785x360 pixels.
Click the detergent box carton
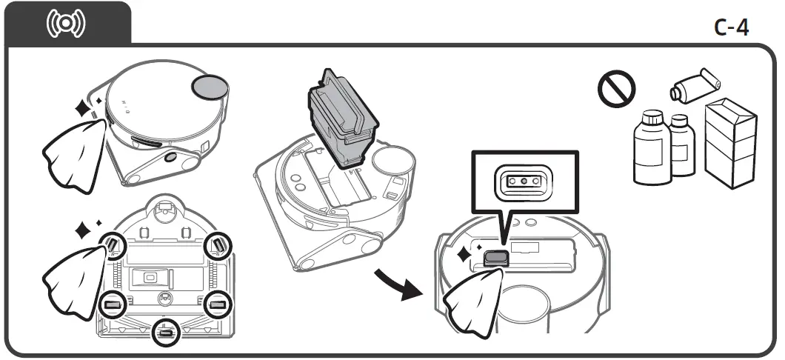tap(730, 138)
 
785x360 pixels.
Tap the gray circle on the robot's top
tap(211, 87)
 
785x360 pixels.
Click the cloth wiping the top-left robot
tap(73, 151)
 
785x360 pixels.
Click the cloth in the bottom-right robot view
tap(472, 302)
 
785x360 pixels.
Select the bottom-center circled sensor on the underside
tap(164, 333)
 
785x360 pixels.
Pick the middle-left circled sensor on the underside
tap(113, 304)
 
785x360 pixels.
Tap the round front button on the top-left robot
tap(171, 157)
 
